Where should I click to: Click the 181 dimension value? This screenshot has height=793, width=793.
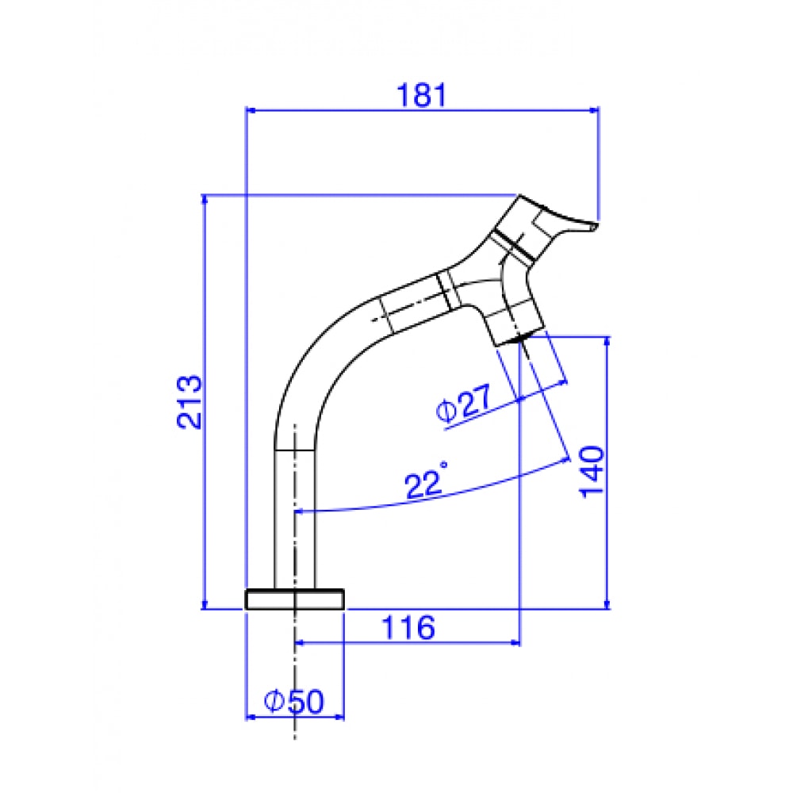pyautogui.click(x=422, y=95)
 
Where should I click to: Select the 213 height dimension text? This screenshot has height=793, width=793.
pyautogui.click(x=190, y=401)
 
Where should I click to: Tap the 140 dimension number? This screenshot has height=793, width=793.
pyautogui.click(x=592, y=471)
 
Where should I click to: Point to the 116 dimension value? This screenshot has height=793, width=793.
pyautogui.click(x=408, y=627)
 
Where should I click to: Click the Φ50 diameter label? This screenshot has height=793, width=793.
pyautogui.click(x=294, y=702)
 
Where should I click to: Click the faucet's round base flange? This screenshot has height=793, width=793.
pyautogui.click(x=294, y=600)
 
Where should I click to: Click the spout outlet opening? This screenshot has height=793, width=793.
pyautogui.click(x=518, y=338)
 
